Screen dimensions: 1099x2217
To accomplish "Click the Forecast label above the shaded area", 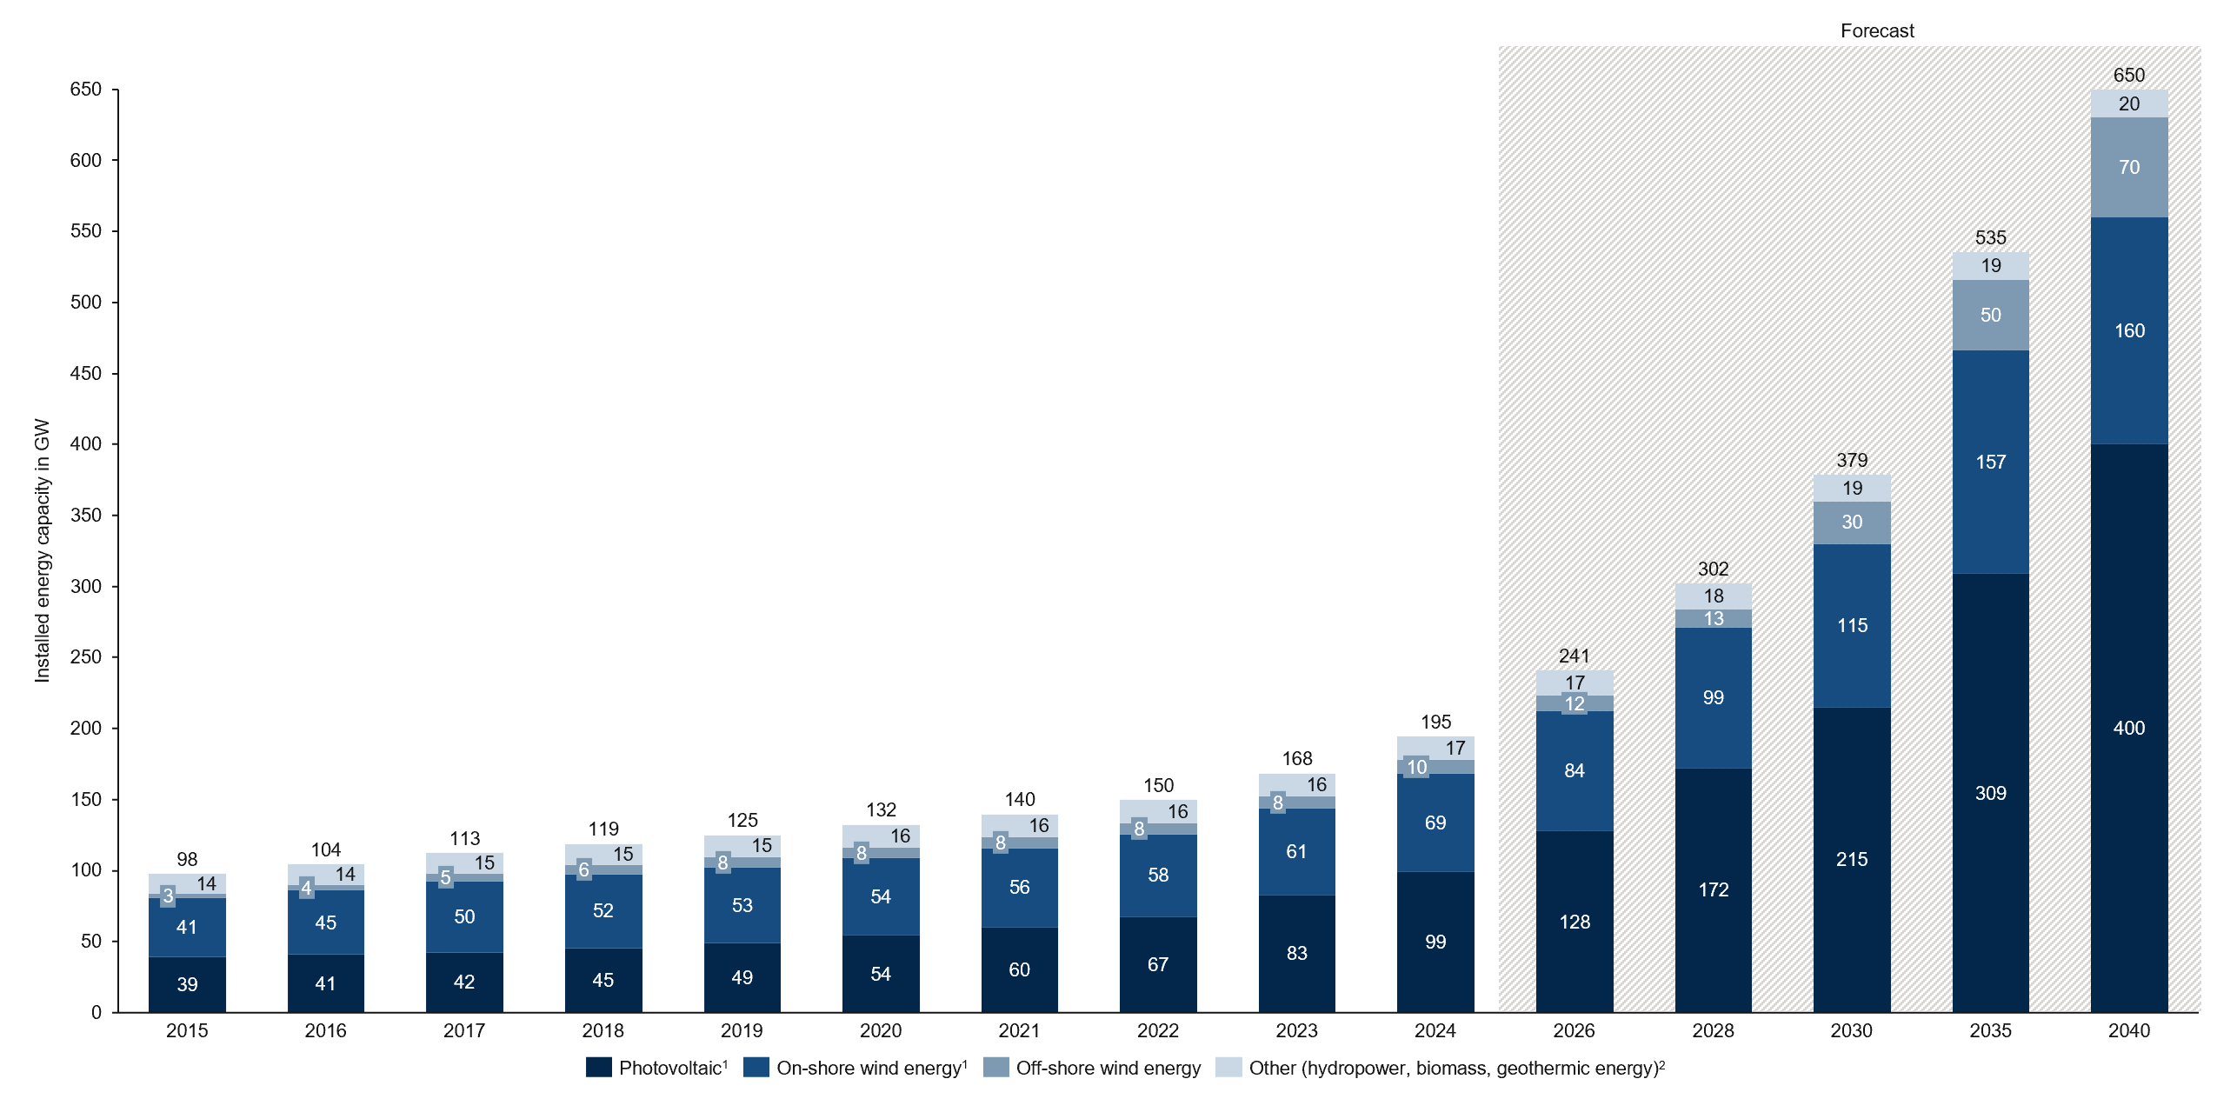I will pyautogui.click(x=1876, y=31).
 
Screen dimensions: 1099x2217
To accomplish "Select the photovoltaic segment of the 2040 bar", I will pyautogui.click(x=2128, y=728).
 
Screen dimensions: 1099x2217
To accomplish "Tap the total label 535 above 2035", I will pyautogui.click(x=1990, y=237).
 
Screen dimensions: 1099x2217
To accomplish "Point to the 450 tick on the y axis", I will pyautogui.click(x=85, y=373).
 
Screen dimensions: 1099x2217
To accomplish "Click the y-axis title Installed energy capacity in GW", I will pyautogui.click(x=42, y=550).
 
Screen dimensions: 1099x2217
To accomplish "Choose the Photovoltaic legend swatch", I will pyautogui.click(x=598, y=1067).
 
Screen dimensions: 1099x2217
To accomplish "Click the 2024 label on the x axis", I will pyautogui.click(x=1435, y=1030).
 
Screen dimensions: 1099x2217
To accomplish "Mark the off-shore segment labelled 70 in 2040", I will pyautogui.click(x=2128, y=167).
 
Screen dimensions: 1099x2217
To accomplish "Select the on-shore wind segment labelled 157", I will pyautogui.click(x=1990, y=462).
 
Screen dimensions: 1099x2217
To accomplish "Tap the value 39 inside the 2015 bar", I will pyautogui.click(x=187, y=984).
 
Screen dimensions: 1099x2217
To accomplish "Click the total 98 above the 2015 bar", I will pyautogui.click(x=187, y=859).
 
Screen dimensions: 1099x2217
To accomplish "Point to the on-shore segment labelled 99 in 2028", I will pyautogui.click(x=1713, y=697).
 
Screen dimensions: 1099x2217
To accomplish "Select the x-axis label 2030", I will pyautogui.click(x=1851, y=1030).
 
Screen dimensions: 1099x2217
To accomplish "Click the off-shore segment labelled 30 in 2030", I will pyautogui.click(x=1852, y=522).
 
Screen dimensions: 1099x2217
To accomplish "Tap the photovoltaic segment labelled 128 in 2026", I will pyautogui.click(x=1575, y=922).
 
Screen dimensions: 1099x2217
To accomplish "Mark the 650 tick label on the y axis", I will pyautogui.click(x=85, y=90).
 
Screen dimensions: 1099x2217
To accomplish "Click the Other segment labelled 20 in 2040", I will pyautogui.click(x=2128, y=103).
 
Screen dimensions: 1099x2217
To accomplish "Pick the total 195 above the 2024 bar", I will pyautogui.click(x=1435, y=722).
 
